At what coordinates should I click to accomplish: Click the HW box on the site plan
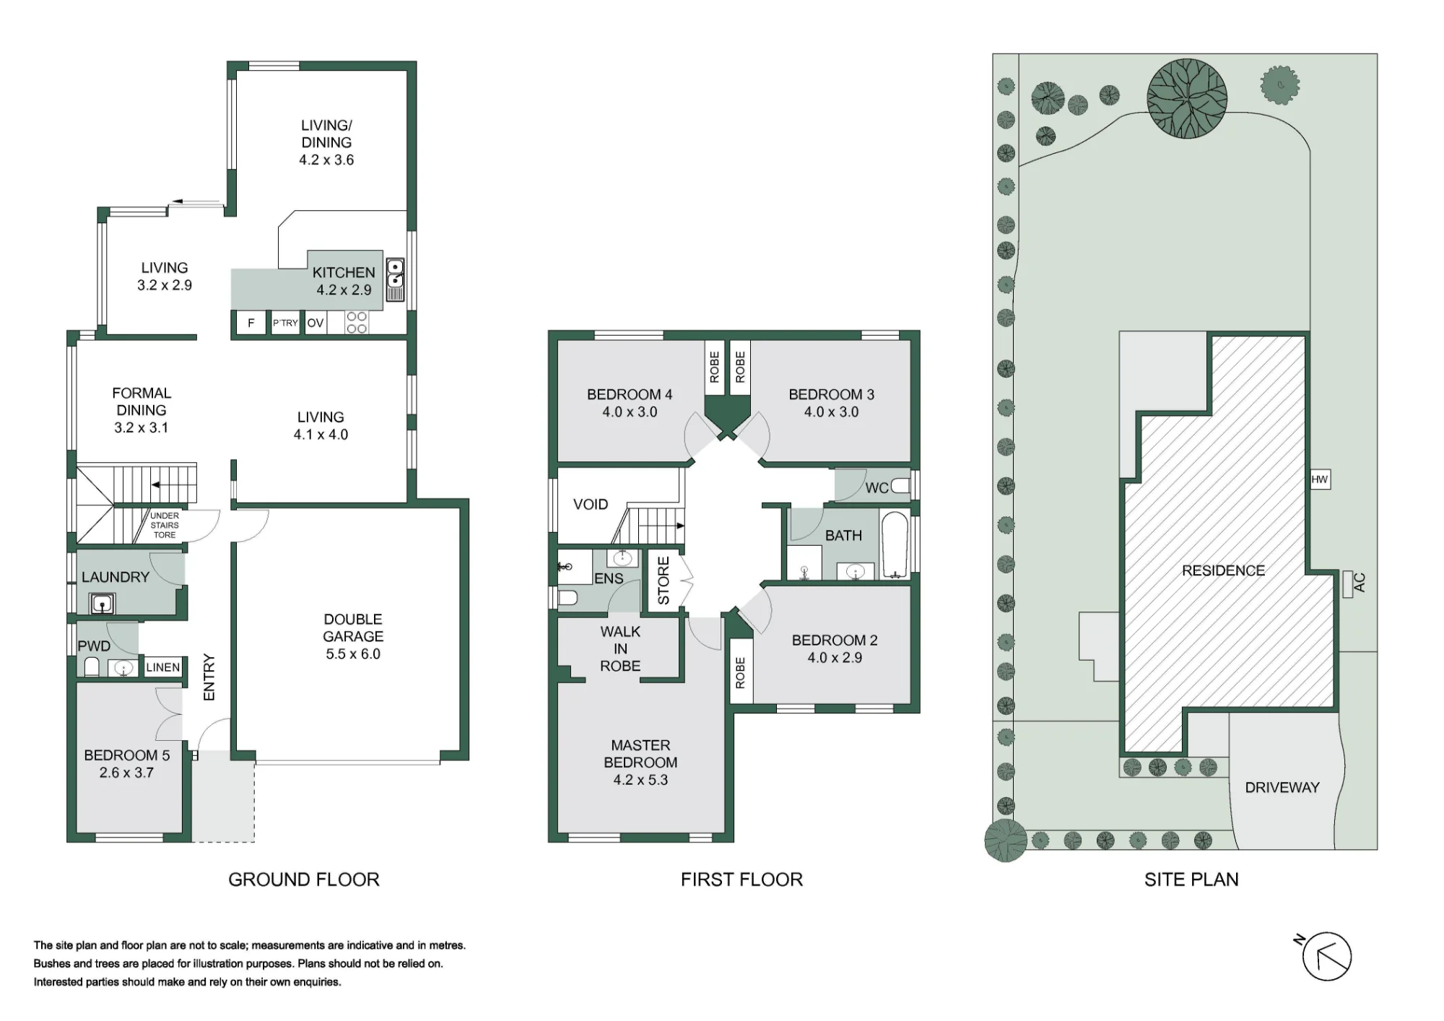(1320, 479)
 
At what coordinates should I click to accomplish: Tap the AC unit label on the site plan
(1360, 583)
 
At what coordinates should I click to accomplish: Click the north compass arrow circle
(1326, 957)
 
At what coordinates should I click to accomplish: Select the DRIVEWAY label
(1282, 788)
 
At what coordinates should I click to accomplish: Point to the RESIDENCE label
(1223, 570)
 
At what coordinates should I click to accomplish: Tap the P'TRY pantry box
(285, 323)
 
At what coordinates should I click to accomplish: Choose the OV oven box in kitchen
(316, 323)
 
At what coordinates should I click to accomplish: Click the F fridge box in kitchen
(251, 323)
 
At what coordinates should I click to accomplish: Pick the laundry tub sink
(103, 602)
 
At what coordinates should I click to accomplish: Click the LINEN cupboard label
(163, 667)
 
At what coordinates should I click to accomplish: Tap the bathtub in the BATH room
(895, 546)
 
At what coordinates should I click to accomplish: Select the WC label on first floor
(877, 488)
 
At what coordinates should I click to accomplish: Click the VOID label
(591, 504)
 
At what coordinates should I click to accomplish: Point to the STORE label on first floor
(664, 581)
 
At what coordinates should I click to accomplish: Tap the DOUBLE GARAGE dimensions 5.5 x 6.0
(353, 654)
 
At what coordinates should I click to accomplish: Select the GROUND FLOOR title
(304, 879)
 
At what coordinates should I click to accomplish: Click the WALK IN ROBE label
(620, 648)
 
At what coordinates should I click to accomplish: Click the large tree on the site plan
(1187, 97)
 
